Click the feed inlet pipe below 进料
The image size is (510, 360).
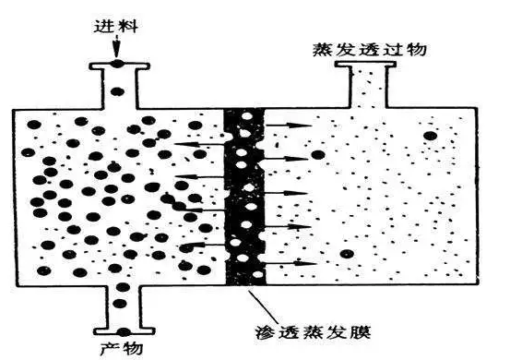(119, 83)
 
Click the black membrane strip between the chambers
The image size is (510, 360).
(243, 194)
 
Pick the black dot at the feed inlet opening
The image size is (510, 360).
(119, 63)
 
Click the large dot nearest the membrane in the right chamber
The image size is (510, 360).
(317, 155)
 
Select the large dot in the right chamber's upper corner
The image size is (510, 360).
(430, 136)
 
